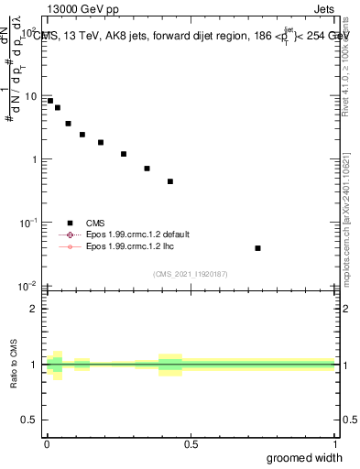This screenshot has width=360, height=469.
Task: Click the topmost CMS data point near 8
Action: click(x=50, y=101)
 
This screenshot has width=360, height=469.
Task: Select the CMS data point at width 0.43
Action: click(x=170, y=181)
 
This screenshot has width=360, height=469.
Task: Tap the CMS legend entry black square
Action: click(x=70, y=223)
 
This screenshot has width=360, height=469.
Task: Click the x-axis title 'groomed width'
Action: click(x=304, y=457)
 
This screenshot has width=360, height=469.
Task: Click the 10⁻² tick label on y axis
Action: click(x=27, y=285)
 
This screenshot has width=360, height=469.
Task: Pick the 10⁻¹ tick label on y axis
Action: click(x=27, y=222)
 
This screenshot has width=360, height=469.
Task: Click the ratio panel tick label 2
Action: click(x=35, y=308)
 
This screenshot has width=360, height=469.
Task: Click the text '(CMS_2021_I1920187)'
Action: click(x=190, y=273)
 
